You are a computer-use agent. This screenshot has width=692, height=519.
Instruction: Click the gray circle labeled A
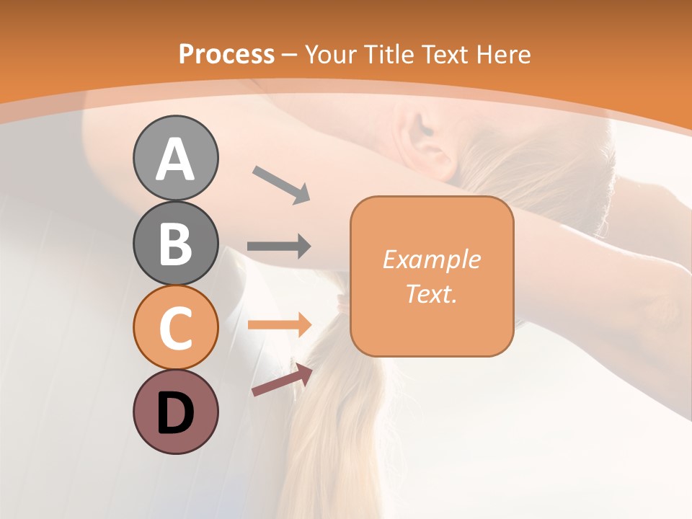click(x=175, y=159)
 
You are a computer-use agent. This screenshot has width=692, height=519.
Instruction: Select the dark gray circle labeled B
click(x=175, y=244)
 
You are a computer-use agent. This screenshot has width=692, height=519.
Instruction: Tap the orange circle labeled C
click(x=175, y=327)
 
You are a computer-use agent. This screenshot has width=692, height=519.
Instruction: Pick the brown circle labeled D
click(x=175, y=412)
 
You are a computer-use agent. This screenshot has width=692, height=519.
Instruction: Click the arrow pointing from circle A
click(x=281, y=185)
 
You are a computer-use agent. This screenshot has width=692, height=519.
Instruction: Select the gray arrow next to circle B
click(x=279, y=247)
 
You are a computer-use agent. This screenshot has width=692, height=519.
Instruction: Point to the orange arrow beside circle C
click(x=279, y=325)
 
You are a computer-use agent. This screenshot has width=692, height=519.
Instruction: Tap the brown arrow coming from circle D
click(x=282, y=380)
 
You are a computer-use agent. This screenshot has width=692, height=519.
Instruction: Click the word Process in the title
click(x=226, y=54)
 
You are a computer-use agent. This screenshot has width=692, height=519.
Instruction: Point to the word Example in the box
click(x=431, y=259)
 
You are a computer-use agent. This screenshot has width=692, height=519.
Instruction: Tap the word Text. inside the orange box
click(x=431, y=293)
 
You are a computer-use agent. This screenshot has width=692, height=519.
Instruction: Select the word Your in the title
click(x=331, y=54)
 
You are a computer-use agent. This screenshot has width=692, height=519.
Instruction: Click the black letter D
click(x=175, y=413)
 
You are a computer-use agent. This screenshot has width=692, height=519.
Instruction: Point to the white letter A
click(x=175, y=159)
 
